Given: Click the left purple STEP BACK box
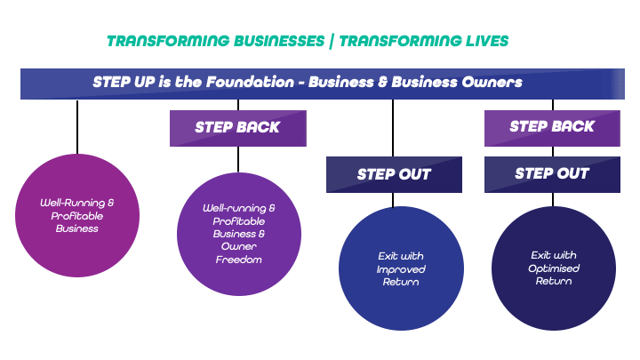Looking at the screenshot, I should [x=237, y=127].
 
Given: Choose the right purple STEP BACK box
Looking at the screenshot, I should [x=552, y=127].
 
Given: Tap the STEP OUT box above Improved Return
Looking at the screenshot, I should [x=394, y=174].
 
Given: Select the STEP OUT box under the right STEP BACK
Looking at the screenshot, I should [x=552, y=174].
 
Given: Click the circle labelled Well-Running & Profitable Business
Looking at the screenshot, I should [x=77, y=216].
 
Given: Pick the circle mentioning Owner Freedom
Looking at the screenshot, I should [x=237, y=234].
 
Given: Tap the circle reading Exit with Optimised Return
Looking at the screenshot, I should [x=553, y=268].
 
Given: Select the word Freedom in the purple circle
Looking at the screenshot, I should [x=237, y=260].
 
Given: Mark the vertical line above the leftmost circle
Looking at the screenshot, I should [x=77, y=127].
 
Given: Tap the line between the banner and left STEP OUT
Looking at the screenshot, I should [x=393, y=127].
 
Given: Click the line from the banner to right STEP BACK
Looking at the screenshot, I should [x=553, y=104].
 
